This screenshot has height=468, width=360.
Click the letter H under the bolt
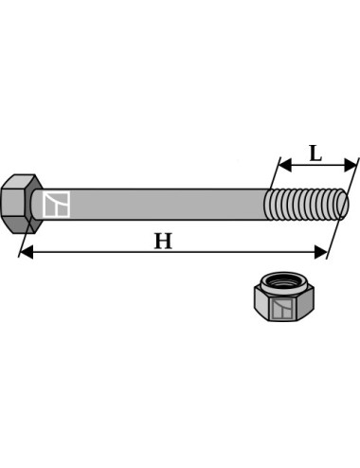tap(163, 241)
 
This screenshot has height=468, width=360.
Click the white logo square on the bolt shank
tap(57, 204)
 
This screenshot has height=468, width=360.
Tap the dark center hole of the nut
tap(280, 281)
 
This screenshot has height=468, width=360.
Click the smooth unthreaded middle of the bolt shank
tap(161, 204)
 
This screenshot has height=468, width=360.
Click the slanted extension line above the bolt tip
tap(351, 175)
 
